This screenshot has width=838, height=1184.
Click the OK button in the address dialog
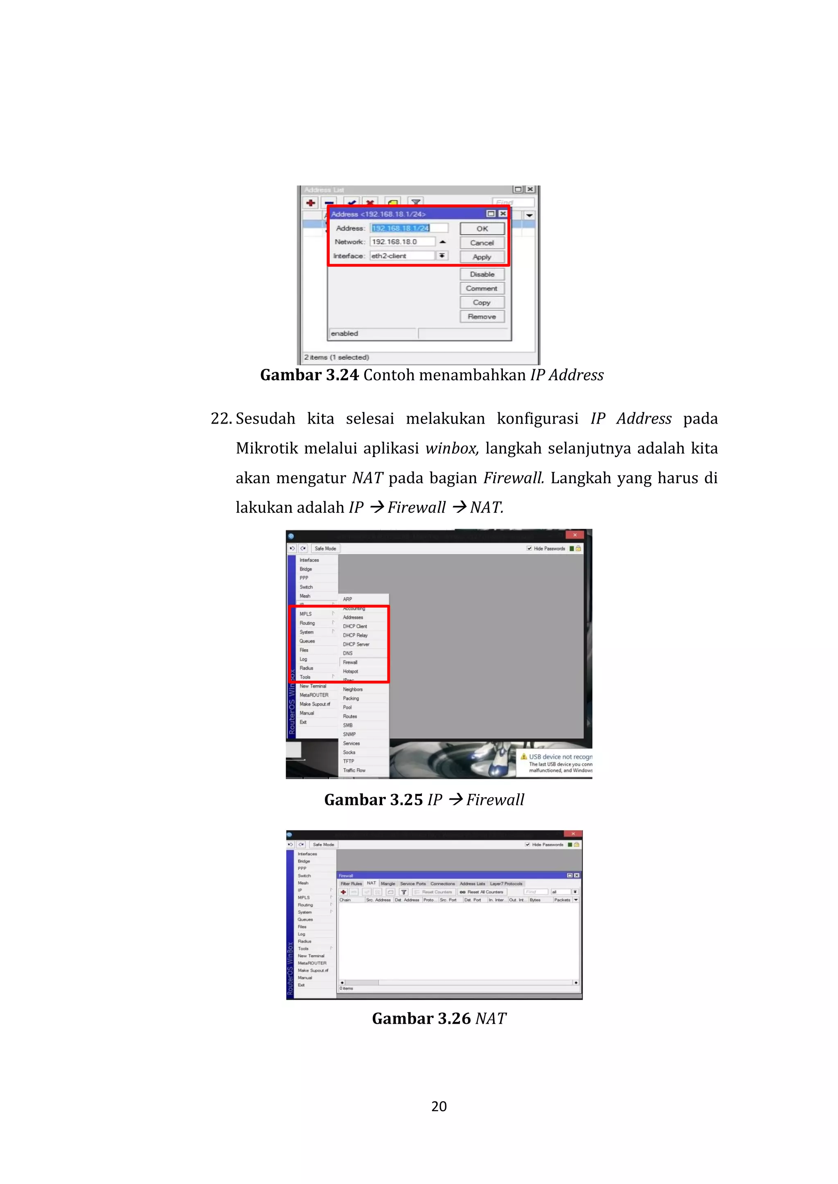pos(482,229)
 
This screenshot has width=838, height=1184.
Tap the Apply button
pos(482,257)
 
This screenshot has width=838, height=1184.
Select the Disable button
pos(482,274)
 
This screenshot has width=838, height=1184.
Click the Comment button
pos(482,288)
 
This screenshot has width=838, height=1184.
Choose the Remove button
pos(482,316)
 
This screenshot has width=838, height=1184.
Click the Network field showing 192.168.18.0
pos(401,242)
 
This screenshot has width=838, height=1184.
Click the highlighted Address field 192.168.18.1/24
pos(401,228)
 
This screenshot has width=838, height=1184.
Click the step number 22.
pos(221,418)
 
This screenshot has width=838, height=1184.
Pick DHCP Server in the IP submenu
pos(356,644)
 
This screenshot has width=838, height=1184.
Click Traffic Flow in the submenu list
pos(354,770)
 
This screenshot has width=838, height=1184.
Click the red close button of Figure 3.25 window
pos(575,535)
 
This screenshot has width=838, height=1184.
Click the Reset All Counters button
pos(482,892)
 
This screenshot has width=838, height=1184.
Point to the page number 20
pos(439,1106)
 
